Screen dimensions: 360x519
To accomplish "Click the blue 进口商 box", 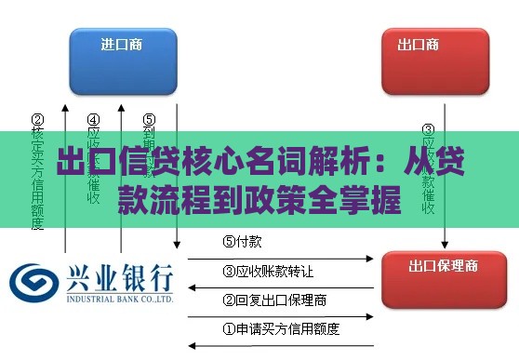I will point(121,61).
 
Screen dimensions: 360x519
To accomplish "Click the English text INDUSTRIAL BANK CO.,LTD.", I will point(118,300).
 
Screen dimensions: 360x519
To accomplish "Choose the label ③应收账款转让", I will point(267,272).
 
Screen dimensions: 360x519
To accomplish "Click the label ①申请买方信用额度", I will point(280,328).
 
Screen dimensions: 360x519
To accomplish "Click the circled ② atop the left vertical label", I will point(38,119).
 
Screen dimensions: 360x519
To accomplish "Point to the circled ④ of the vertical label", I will point(94,119).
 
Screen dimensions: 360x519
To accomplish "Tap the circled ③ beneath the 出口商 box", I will point(428,130).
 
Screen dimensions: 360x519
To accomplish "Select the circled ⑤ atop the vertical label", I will point(149,119).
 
